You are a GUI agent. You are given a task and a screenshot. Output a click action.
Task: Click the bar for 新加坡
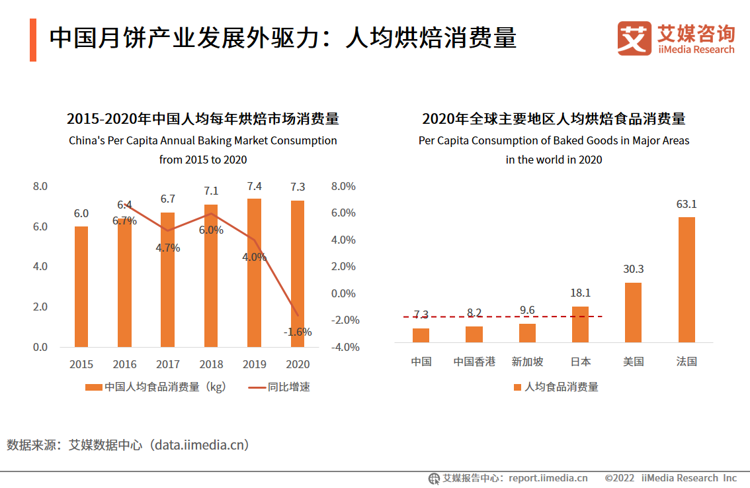click(x=527, y=332)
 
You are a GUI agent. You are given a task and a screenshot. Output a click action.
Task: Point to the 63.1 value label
click(x=687, y=205)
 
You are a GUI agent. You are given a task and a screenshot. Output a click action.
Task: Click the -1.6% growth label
click(x=298, y=332)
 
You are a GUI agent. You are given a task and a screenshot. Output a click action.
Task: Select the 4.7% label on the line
click(x=168, y=248)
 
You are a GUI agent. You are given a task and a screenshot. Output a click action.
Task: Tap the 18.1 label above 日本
click(x=580, y=293)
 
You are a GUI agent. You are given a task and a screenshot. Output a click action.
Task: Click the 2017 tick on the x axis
click(x=168, y=364)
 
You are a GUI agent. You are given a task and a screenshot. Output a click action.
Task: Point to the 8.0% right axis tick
click(x=343, y=187)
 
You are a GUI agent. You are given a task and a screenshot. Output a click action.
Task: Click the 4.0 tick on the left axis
click(x=40, y=267)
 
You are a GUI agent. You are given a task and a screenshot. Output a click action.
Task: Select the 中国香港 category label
click(x=474, y=362)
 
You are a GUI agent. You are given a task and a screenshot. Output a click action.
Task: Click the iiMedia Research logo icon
click(x=634, y=38)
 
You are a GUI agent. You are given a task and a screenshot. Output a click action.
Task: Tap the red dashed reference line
click(x=503, y=317)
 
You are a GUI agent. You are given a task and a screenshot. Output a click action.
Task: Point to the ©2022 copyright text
click(x=619, y=478)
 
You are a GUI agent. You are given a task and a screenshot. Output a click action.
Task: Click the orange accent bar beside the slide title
click(x=33, y=40)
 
